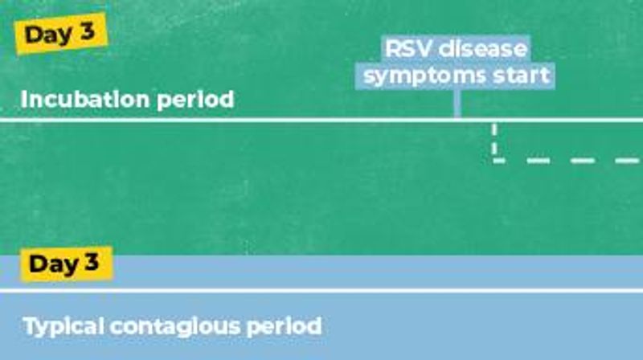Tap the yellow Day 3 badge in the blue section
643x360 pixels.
pyautogui.click(x=66, y=264)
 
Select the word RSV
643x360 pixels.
pyautogui.click(x=408, y=49)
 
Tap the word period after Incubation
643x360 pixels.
pyautogui.click(x=198, y=100)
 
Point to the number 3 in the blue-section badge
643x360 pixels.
pyautogui.click(x=94, y=264)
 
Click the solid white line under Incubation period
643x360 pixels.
pyautogui.click(x=241, y=121)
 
